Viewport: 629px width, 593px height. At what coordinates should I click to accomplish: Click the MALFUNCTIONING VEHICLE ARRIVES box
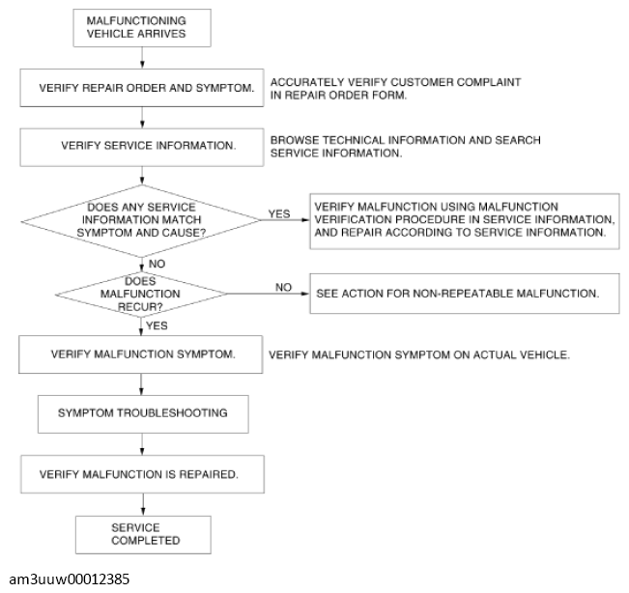142,28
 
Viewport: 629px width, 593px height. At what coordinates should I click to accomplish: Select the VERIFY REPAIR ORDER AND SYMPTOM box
142,88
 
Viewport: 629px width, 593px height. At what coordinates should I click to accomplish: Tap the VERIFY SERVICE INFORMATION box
142,147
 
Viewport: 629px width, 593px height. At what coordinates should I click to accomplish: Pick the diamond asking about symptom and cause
141,220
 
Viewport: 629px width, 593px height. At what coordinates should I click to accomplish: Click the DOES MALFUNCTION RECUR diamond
141,295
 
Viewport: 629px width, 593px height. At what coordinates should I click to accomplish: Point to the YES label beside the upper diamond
279,214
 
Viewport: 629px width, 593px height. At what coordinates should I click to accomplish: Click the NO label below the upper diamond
157,264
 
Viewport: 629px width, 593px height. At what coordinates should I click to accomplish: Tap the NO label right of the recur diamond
283,288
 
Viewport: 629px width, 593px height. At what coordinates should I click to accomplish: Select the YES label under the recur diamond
157,325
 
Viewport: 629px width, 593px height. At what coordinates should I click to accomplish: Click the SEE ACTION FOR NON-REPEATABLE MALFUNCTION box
465,294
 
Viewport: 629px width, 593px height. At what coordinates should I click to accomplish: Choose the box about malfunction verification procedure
465,221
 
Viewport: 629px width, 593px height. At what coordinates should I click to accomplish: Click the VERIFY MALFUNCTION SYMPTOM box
141,354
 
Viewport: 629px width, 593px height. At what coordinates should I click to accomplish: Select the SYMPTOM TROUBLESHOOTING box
143,414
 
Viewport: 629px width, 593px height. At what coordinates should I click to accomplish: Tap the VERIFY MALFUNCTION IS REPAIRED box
142,474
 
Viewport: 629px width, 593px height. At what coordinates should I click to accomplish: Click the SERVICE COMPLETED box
143,535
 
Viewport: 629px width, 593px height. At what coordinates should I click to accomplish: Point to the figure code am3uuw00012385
69,579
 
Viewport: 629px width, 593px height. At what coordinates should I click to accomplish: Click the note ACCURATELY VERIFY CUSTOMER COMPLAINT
395,89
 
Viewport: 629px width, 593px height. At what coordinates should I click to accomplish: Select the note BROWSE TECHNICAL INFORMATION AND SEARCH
405,147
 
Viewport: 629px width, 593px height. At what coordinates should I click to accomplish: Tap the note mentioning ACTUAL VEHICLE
419,354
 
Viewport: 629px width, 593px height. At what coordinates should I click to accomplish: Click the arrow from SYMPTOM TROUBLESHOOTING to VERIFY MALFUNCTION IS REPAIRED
142,444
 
